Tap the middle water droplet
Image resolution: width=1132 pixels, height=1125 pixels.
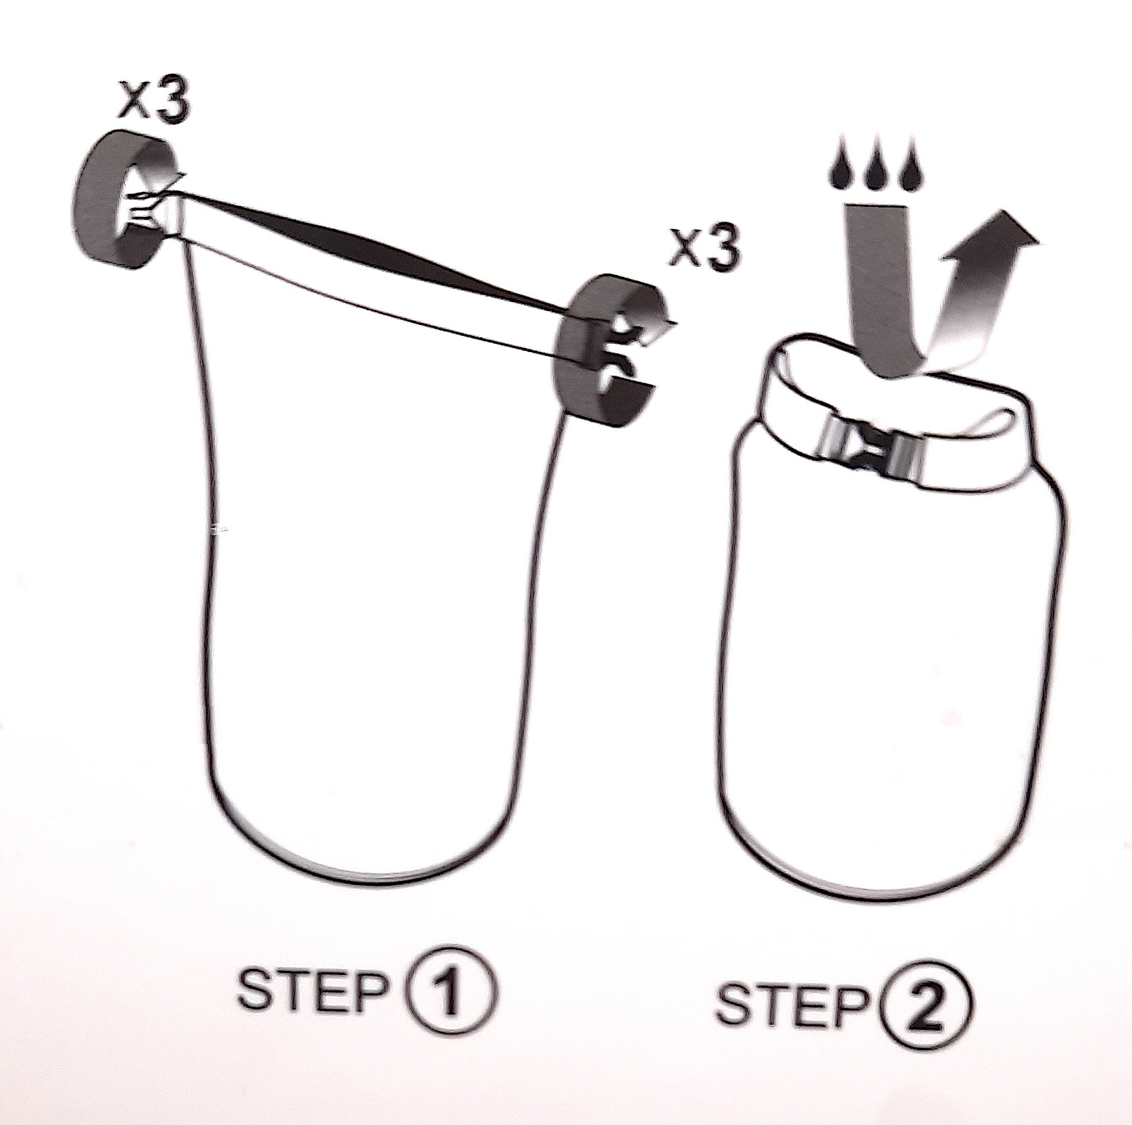point(877,172)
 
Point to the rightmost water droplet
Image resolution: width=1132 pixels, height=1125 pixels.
point(911,172)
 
